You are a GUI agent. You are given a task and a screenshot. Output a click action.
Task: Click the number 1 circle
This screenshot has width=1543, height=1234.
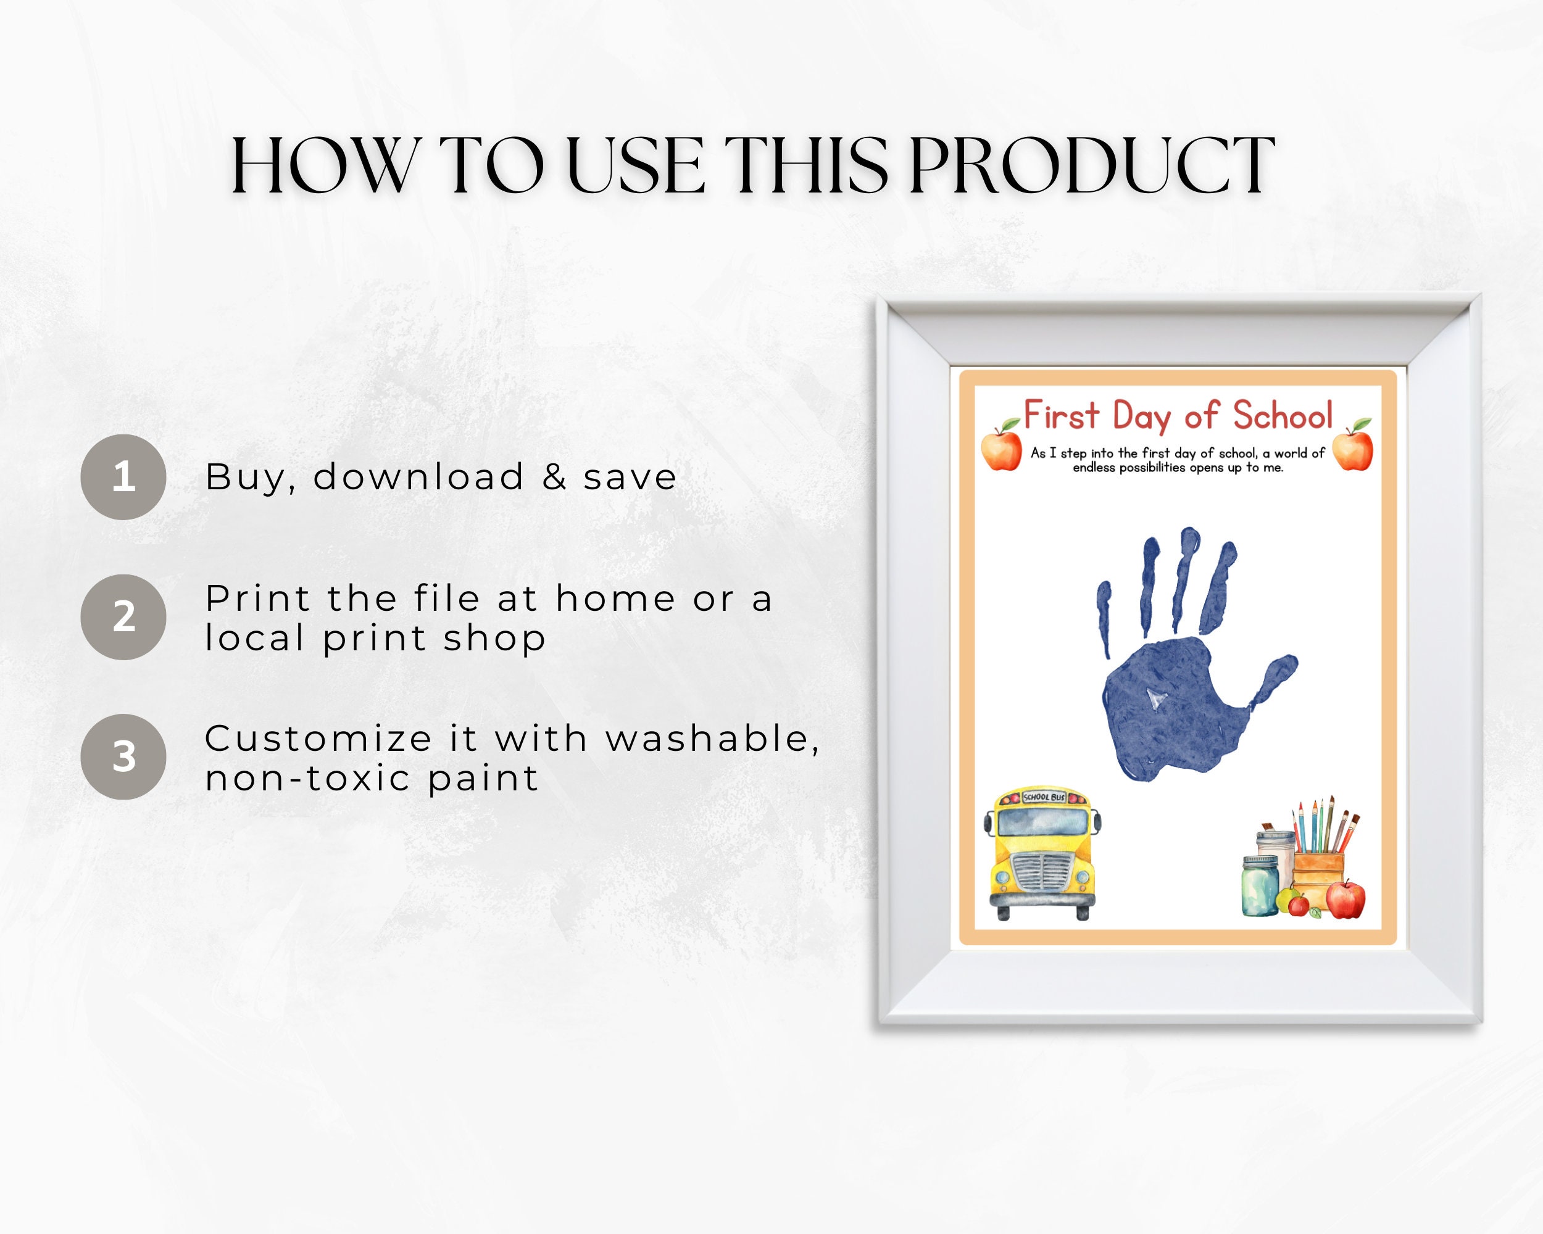[x=123, y=476]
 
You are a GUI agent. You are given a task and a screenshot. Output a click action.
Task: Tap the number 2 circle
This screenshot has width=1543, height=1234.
[x=123, y=616]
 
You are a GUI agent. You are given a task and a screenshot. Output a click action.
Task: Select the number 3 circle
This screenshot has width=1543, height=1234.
[x=123, y=756]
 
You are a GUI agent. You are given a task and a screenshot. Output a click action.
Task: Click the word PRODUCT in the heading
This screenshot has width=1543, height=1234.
[x=1091, y=166]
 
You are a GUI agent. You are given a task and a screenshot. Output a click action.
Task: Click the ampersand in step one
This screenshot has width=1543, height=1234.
[x=555, y=477]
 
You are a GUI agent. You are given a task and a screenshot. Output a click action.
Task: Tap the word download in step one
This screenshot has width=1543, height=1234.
[x=418, y=477]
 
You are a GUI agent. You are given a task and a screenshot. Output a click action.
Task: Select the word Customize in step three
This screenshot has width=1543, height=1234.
[x=318, y=739]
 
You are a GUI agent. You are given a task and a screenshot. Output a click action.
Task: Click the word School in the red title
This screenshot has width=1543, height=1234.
[x=1283, y=416]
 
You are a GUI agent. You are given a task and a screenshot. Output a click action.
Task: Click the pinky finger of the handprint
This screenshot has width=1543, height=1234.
[x=1104, y=615]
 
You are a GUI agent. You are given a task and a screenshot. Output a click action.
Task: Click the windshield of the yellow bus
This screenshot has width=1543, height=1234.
[x=1042, y=822]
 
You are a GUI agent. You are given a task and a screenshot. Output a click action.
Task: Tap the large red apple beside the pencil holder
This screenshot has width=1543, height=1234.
[x=1345, y=900]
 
